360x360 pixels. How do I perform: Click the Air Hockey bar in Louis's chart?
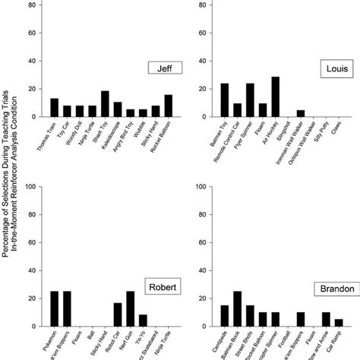click(x=275, y=96)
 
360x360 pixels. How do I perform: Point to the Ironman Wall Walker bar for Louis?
click(x=301, y=113)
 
